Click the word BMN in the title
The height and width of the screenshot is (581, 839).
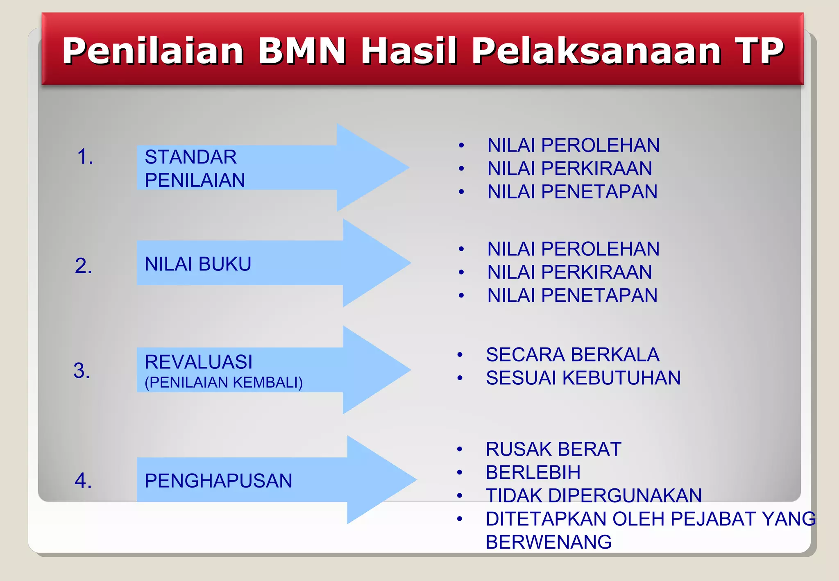(302, 51)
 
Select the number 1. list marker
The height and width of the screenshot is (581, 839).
(85, 157)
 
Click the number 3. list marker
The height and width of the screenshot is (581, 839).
(82, 371)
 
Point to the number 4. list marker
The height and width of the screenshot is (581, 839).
(83, 481)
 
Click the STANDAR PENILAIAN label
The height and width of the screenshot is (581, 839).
(195, 168)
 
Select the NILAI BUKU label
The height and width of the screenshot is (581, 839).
(198, 264)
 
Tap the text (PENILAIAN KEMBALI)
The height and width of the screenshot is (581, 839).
(224, 383)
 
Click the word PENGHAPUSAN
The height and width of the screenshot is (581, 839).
(218, 481)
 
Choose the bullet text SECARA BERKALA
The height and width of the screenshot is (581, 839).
(572, 355)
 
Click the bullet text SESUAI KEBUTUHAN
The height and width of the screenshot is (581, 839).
(583, 378)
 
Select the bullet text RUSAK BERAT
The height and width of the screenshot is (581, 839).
(553, 449)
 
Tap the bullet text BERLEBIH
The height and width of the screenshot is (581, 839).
(533, 473)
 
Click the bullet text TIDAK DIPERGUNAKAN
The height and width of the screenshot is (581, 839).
(593, 496)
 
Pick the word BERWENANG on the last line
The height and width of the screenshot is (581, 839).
(548, 542)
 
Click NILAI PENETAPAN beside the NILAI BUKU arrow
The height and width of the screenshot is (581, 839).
(572, 296)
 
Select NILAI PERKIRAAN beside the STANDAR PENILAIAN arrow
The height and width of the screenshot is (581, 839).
(569, 169)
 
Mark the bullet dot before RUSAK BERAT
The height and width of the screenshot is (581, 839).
(460, 449)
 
